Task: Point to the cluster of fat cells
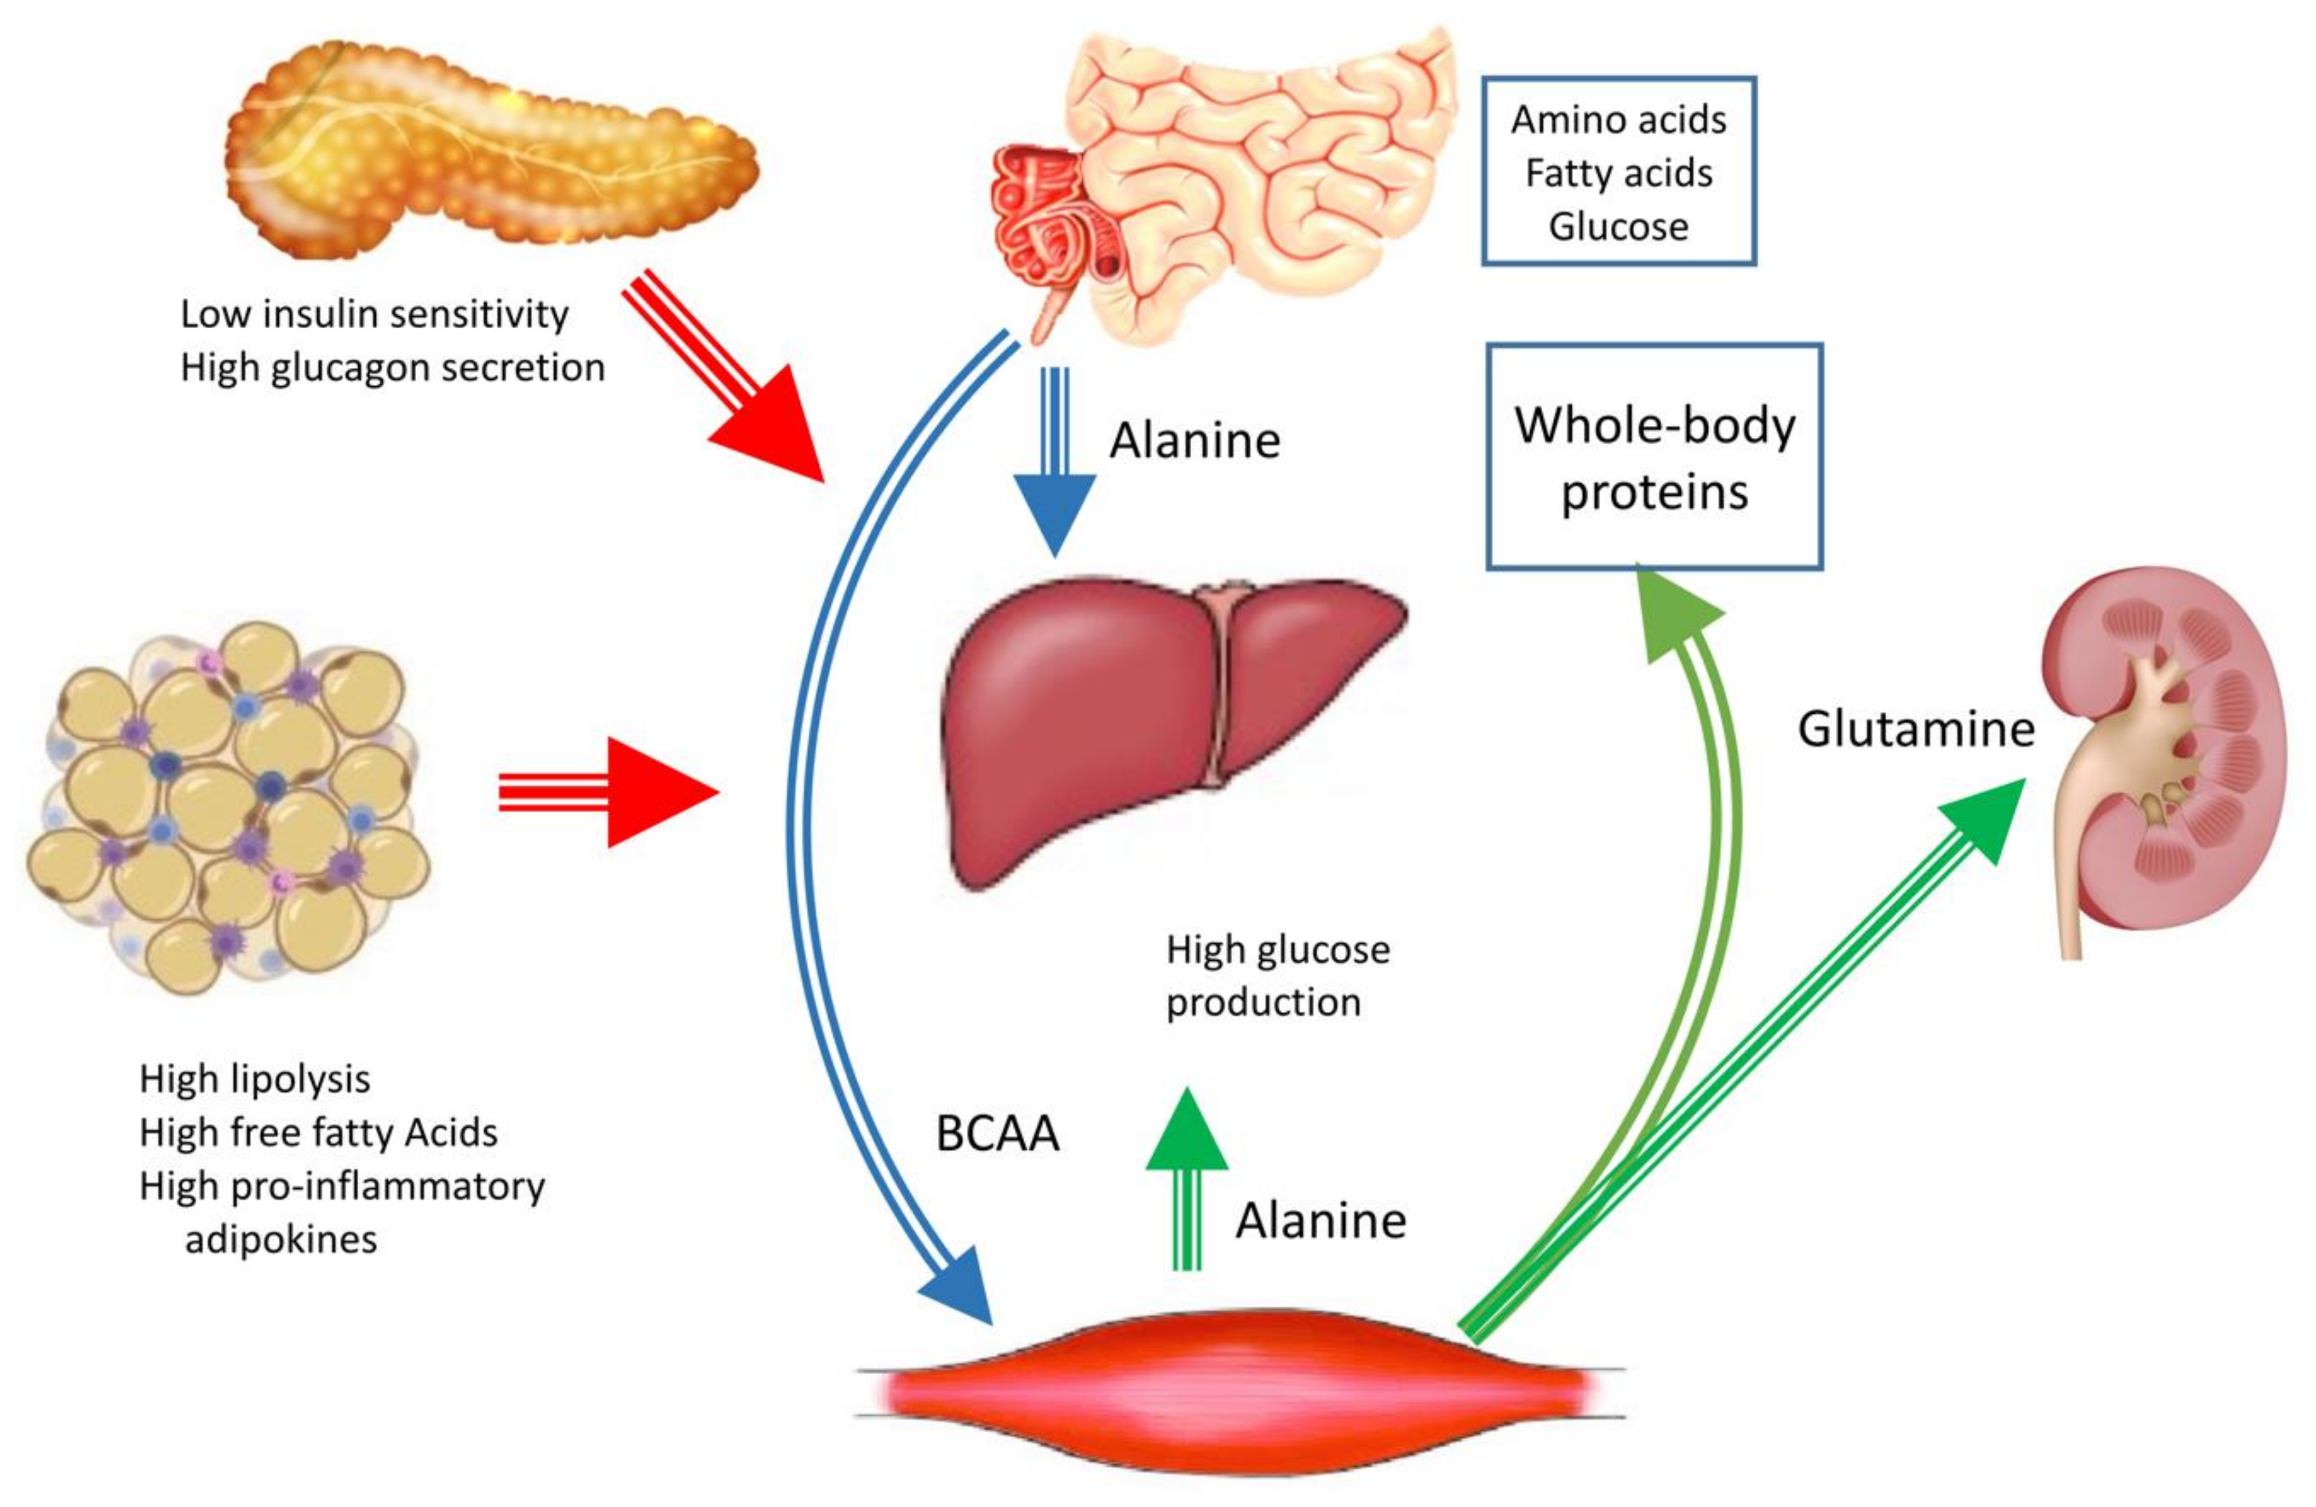pos(229,808)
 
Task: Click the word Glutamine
pos(1915,728)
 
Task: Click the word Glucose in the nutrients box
pos(1618,227)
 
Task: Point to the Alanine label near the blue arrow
pos(1194,441)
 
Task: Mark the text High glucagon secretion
pos(392,368)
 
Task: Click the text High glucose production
pos(1277,976)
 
